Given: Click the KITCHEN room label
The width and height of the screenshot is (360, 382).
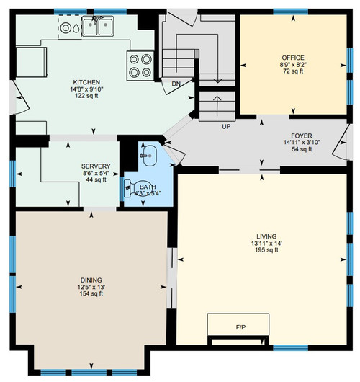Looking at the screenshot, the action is coord(86,82).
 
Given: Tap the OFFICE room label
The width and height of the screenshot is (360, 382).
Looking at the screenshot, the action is coord(293,58).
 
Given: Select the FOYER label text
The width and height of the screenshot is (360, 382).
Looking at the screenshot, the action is coord(302,136).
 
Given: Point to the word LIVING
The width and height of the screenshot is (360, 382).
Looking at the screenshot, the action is coord(266,236).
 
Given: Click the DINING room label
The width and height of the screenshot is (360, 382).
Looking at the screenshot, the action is coord(91,280).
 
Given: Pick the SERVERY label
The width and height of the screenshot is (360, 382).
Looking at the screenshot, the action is coord(96,166).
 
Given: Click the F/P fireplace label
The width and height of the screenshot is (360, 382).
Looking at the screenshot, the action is coord(240,327).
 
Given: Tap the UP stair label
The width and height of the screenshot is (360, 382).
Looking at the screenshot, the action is coord(226,127).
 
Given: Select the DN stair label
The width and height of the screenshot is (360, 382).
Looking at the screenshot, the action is coord(176,84).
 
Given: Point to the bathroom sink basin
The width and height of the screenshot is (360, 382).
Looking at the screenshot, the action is coord(150,156).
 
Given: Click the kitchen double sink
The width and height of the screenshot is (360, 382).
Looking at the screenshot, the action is coord(98,26).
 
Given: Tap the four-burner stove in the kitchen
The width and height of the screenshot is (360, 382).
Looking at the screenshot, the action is coord(140,66).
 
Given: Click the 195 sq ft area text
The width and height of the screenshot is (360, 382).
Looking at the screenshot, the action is coord(266,250).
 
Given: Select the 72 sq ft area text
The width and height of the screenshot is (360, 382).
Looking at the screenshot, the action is coord(293,71).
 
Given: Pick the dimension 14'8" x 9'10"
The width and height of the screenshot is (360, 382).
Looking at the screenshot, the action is coord(86,89).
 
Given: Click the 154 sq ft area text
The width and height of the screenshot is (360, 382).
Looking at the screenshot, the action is coord(91,293).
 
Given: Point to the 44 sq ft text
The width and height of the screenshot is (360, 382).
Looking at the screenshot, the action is coord(96,179).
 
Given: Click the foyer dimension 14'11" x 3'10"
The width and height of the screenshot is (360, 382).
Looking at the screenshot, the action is coord(302,142).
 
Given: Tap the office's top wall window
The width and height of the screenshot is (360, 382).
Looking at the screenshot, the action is coord(291,12).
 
